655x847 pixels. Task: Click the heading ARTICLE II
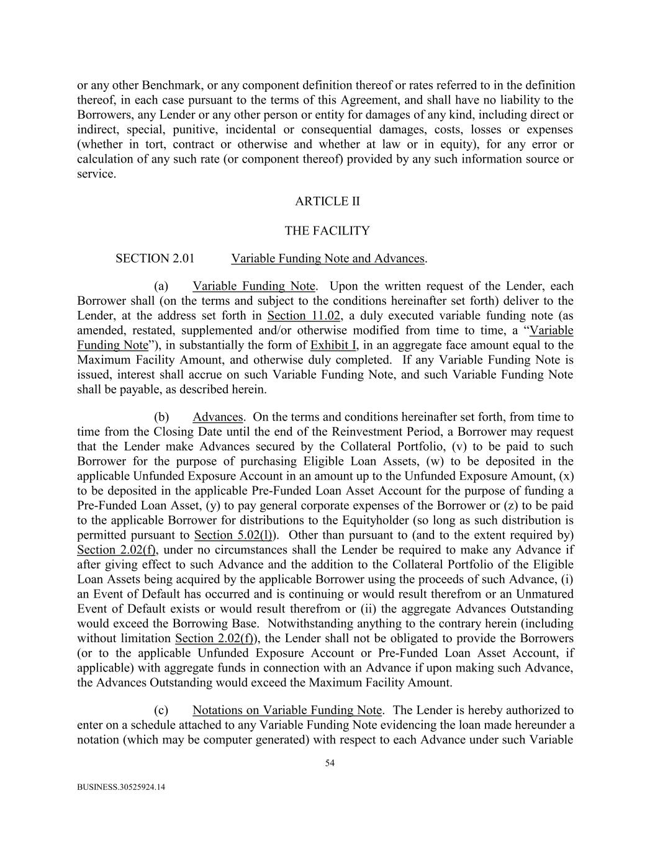[x=327, y=201]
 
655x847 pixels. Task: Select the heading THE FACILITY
[x=327, y=231]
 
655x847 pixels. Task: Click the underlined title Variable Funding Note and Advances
[x=328, y=258]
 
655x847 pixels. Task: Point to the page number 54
[x=330, y=763]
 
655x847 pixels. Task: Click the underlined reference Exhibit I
[x=333, y=345]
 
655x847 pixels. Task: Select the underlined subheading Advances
[x=217, y=417]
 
